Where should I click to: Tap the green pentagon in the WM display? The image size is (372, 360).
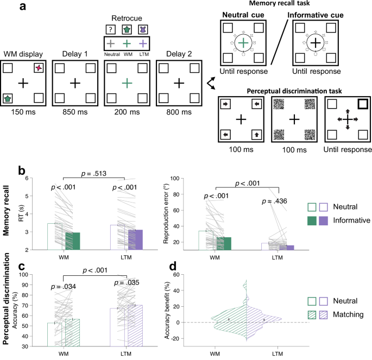(8, 98)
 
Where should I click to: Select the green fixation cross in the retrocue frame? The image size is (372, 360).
(127, 83)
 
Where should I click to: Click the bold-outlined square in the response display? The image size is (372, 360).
(362, 104)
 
